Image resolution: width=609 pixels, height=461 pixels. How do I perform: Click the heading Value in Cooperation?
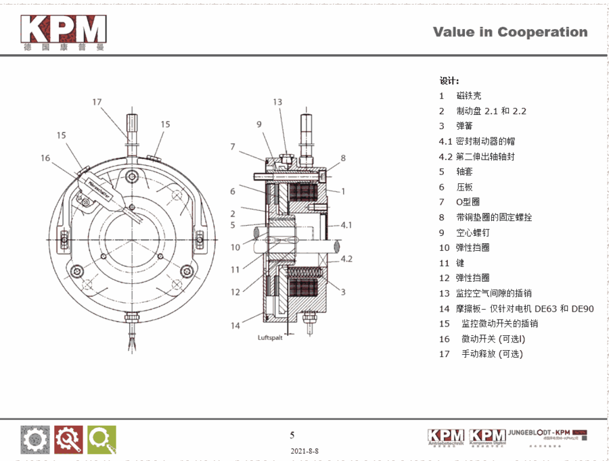point(510,32)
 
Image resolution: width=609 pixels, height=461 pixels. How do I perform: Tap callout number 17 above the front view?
point(97,102)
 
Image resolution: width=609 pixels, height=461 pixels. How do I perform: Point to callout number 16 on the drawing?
point(45,158)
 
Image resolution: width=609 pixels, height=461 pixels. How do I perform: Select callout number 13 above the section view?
point(277,102)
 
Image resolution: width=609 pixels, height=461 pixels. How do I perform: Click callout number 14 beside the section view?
point(235,325)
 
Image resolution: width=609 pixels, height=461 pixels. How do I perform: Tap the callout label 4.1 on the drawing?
point(346,224)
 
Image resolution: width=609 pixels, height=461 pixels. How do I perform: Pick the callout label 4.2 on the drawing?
point(346,259)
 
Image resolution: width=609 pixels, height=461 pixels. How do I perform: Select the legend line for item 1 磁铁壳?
point(460,96)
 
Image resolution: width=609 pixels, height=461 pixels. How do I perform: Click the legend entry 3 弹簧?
point(455,126)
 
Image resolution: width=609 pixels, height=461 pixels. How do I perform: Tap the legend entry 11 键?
point(455,262)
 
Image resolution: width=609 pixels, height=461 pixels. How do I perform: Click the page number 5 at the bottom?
point(292,435)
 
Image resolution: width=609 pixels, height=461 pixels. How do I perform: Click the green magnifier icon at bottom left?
point(101,439)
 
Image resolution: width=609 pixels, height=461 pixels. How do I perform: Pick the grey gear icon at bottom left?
point(35,439)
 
